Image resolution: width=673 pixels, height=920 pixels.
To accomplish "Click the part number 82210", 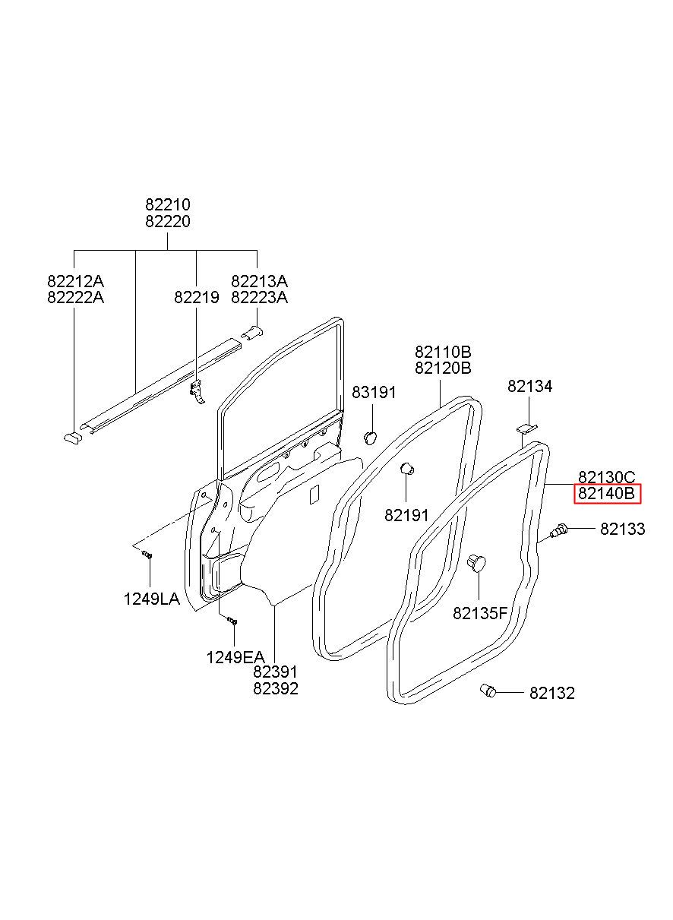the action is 168,204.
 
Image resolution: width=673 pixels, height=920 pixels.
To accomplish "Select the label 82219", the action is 196,297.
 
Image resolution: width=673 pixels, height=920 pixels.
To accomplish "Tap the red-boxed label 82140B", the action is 606,493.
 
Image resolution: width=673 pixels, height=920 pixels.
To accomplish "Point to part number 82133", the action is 623,529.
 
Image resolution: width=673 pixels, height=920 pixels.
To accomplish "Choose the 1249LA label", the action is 151,599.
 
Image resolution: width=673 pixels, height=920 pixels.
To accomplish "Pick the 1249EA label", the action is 235,658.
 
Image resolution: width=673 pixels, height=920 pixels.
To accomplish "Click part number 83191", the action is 374,393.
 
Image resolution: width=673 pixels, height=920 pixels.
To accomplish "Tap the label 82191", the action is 406,515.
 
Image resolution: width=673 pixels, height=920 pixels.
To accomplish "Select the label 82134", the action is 529,386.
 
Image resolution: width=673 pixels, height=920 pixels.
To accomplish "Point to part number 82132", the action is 551,694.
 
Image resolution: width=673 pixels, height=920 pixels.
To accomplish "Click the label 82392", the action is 276,689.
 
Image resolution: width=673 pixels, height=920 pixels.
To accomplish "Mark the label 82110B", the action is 443,352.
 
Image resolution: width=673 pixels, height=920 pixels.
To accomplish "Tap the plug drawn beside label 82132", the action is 488,691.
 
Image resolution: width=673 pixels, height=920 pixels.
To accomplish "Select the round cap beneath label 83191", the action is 371,438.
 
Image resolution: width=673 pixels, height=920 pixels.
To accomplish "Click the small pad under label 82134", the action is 526,428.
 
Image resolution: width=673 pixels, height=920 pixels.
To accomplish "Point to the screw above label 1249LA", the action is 147,555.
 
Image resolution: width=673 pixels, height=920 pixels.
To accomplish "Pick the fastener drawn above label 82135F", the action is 476,562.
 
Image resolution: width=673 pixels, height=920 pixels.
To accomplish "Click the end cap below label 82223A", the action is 252,332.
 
